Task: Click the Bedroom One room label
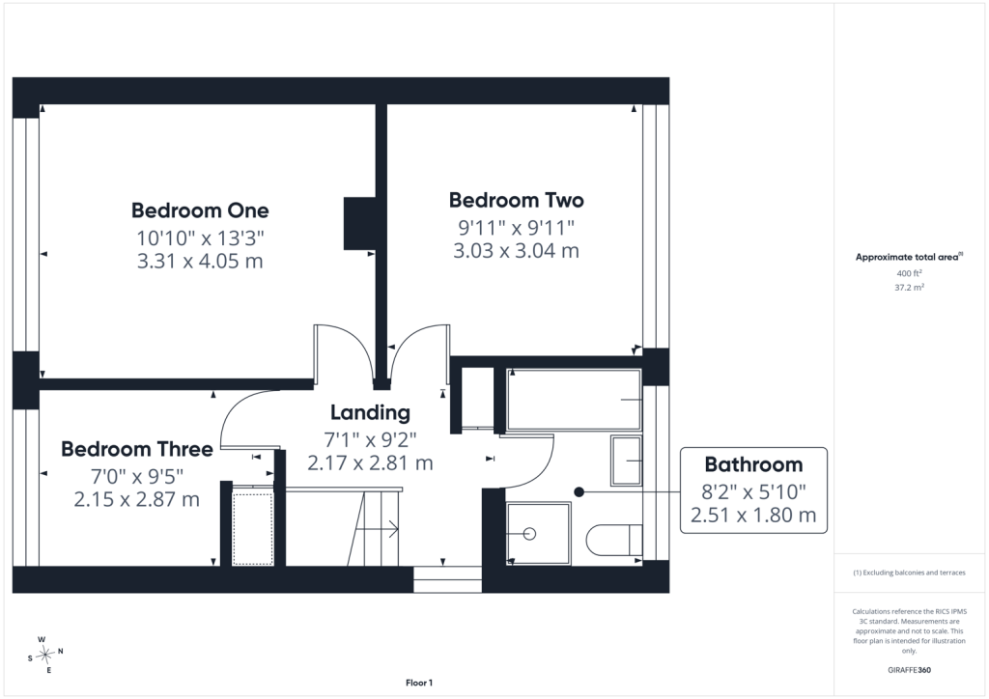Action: [200, 210]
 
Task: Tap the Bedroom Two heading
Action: [516, 201]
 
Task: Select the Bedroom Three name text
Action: [137, 449]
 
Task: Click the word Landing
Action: [370, 413]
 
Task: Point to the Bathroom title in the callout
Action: [753, 464]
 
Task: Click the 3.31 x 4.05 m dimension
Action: [200, 261]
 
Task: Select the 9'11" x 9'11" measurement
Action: [516, 227]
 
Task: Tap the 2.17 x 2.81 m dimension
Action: [370, 463]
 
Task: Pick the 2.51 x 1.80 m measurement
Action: [753, 515]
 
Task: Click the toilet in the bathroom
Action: [614, 540]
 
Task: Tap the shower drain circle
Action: [530, 534]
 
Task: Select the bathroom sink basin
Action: [626, 461]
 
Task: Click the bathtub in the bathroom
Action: [574, 400]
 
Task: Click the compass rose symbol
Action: [44, 656]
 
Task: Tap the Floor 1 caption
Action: [419, 683]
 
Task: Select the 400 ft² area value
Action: [910, 273]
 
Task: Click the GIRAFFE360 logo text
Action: [910, 670]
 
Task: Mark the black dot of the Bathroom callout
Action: [579, 491]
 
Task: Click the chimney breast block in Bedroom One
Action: [359, 223]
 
